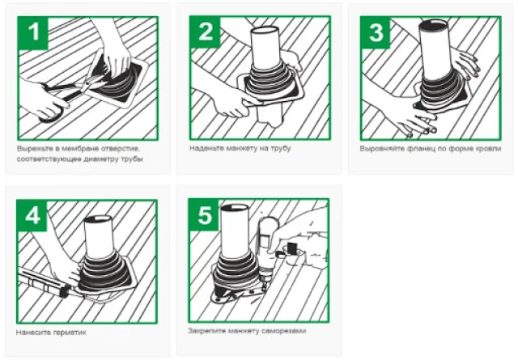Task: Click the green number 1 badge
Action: point(34,33)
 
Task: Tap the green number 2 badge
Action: point(206,32)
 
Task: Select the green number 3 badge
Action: point(376,32)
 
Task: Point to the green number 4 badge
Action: point(32,216)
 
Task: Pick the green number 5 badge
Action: point(205,215)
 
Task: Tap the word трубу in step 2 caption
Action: point(281,148)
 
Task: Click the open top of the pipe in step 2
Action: point(265,30)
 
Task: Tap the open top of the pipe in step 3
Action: point(434,23)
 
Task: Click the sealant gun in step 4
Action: point(45,284)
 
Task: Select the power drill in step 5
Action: point(267,251)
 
